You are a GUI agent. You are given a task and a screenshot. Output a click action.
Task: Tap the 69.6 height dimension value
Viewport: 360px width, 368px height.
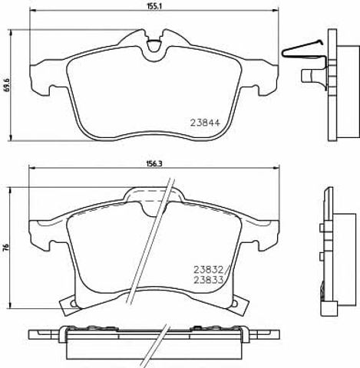(7, 85)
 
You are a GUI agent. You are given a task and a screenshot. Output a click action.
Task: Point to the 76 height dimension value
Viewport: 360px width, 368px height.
(7, 247)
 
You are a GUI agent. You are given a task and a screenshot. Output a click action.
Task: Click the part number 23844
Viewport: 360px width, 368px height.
(205, 123)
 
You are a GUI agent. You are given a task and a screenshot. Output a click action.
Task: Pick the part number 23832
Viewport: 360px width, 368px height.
(209, 270)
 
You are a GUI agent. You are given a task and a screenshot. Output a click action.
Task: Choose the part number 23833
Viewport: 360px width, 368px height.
(209, 281)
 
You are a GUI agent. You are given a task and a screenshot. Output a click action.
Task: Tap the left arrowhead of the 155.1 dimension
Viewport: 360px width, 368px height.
(33, 10)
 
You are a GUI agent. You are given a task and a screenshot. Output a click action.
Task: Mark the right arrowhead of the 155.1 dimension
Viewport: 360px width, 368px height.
(276, 10)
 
